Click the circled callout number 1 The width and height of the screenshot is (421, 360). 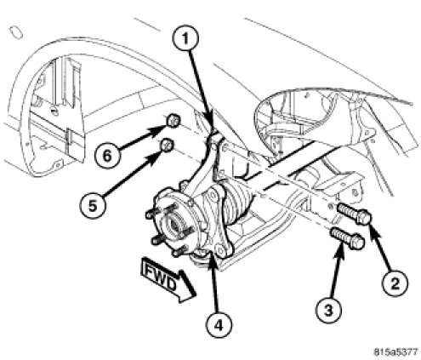[185, 38]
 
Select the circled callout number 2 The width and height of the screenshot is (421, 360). [395, 283]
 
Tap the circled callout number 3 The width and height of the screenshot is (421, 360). [328, 310]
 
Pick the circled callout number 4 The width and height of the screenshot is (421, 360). [219, 326]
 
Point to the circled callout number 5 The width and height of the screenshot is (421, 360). [93, 206]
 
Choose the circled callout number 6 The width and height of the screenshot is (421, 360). [107, 156]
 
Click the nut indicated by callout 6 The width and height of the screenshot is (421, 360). [173, 121]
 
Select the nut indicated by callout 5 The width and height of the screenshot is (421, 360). [167, 146]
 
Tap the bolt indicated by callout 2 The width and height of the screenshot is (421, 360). [354, 214]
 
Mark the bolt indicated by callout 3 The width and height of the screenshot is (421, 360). [348, 238]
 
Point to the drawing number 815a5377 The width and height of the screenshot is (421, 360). [395, 352]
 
